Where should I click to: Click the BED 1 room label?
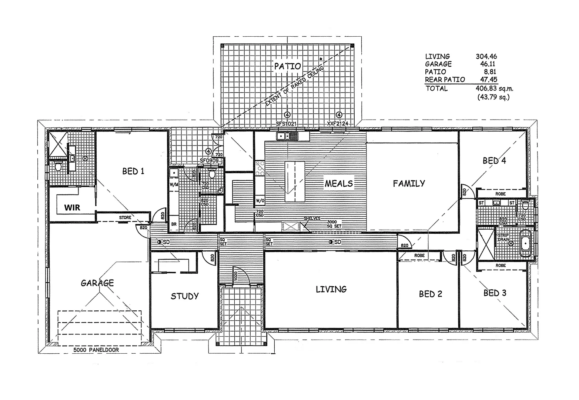(133, 171)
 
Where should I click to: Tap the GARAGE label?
(97, 283)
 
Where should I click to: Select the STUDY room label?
(184, 296)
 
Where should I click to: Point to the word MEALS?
(339, 183)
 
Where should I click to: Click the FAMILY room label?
(409, 183)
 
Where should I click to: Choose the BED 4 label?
(494, 161)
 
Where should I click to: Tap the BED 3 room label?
(495, 293)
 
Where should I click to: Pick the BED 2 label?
(431, 294)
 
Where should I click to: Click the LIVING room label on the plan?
(331, 289)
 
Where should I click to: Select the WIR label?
(72, 207)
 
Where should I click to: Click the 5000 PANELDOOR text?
(96, 350)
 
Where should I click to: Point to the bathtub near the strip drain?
(525, 244)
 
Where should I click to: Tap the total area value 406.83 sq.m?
(494, 89)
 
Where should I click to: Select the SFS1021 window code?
(286, 124)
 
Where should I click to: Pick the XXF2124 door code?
(338, 124)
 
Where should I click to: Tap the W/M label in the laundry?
(173, 184)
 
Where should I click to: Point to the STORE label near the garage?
(125, 217)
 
